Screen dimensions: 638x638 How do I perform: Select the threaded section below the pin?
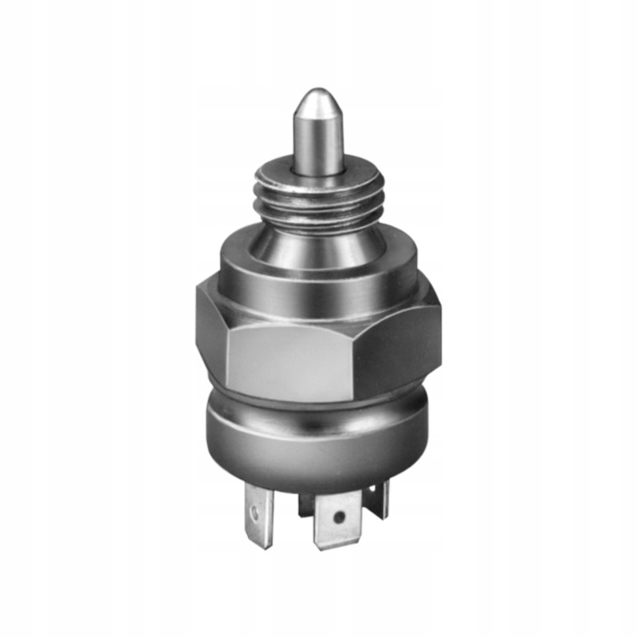click(317, 199)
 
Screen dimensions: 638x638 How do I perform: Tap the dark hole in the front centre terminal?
click(340, 518)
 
